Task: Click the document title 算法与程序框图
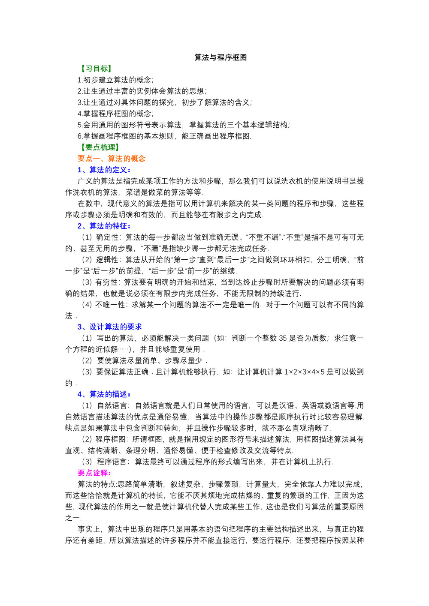(221, 57)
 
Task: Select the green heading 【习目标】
(96, 69)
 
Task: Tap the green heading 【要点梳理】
(100, 147)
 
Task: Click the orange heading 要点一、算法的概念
(112, 159)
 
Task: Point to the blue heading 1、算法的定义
(104, 170)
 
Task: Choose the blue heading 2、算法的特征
(104, 226)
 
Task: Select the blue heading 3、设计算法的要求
(109, 327)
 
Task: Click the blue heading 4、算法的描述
(104, 394)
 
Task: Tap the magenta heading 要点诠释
(95, 473)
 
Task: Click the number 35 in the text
(283, 338)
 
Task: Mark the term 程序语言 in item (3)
(112, 462)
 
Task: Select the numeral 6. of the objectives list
(80, 136)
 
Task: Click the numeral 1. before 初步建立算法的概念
(80, 80)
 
